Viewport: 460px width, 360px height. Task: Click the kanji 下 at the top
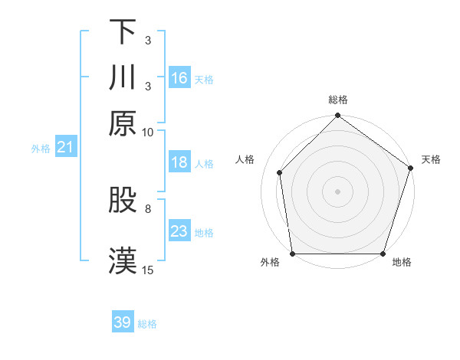(x=123, y=33)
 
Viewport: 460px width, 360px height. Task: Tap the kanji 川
(x=123, y=77)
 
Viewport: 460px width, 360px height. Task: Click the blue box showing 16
(x=179, y=78)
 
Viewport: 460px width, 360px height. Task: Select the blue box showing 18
(x=179, y=162)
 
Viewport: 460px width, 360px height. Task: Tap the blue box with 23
(x=179, y=231)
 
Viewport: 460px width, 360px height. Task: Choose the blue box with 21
(x=64, y=147)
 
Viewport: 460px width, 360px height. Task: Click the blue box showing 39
(x=123, y=322)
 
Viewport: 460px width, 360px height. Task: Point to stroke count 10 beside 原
(x=148, y=132)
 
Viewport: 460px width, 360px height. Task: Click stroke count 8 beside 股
(x=148, y=208)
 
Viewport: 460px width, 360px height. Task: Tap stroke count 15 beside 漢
(x=148, y=270)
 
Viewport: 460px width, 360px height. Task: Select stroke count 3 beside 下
(x=148, y=41)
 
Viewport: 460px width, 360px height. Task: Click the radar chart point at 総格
(x=337, y=117)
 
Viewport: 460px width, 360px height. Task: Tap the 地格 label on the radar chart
(x=402, y=263)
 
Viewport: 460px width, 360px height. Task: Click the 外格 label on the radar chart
(x=270, y=263)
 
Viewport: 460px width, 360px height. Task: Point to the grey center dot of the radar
(x=337, y=191)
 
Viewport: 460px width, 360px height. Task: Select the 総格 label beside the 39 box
(x=147, y=324)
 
